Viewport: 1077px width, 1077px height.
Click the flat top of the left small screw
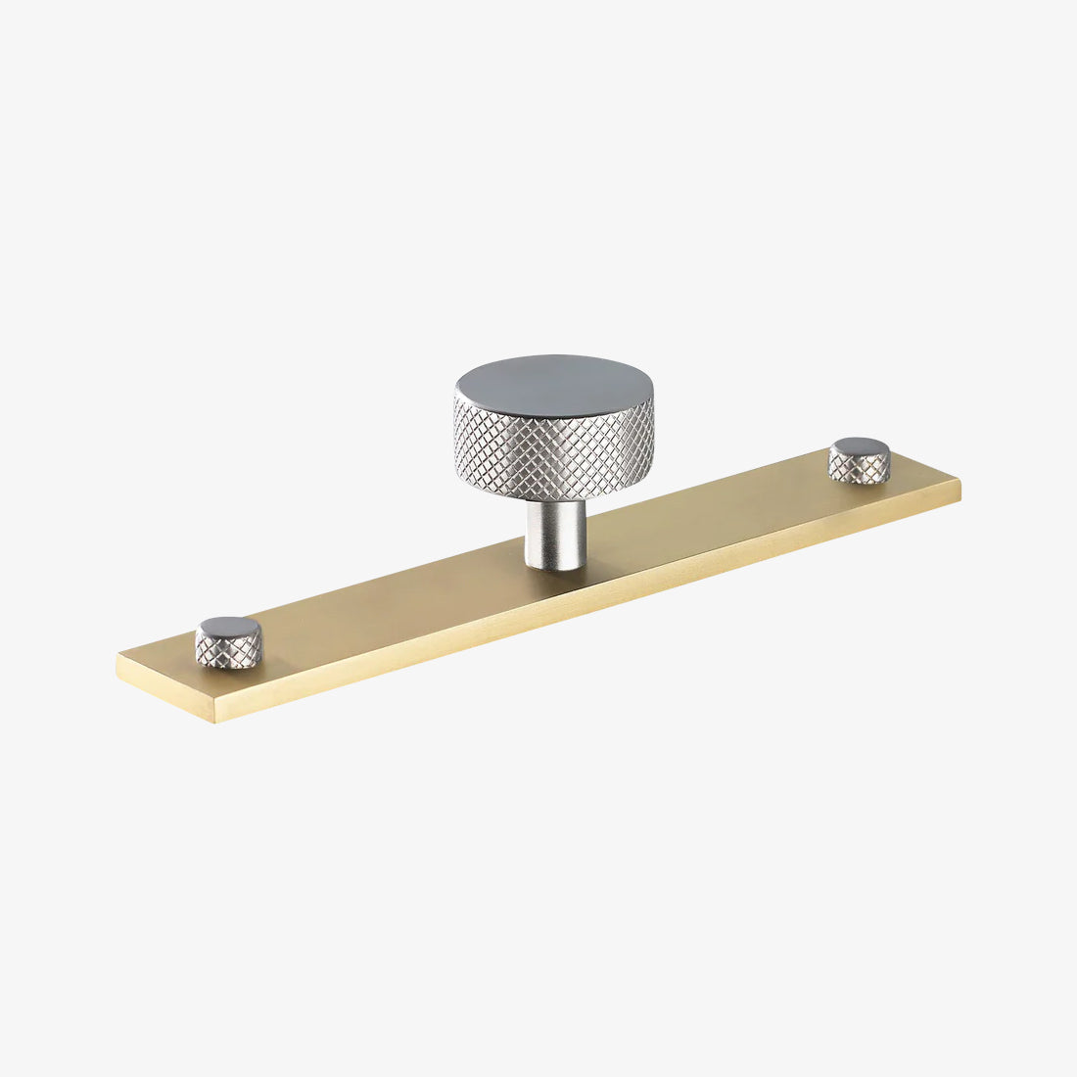(x=228, y=627)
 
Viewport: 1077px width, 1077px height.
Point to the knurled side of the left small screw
(x=227, y=650)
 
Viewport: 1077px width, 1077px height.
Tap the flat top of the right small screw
(x=860, y=447)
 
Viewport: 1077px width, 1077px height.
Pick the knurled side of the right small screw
(x=860, y=469)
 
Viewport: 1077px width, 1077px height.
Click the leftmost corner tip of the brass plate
(x=117, y=656)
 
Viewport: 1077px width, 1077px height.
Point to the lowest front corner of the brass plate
(x=216, y=721)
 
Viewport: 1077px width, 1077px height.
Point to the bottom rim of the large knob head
(x=554, y=497)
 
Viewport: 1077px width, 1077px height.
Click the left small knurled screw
(x=228, y=641)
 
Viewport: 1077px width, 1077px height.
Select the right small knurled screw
(x=860, y=460)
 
